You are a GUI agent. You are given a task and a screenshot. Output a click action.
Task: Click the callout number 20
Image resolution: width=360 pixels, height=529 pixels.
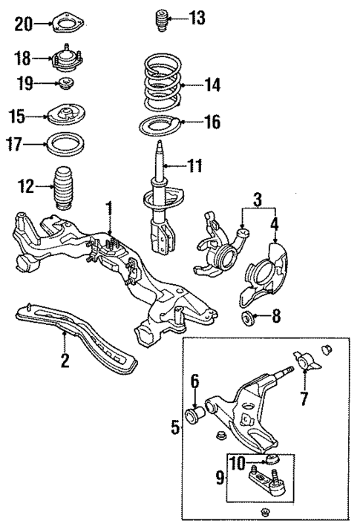pyautogui.click(x=24, y=25)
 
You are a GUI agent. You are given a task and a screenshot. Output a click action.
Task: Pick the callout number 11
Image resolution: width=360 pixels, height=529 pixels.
pyautogui.click(x=194, y=165)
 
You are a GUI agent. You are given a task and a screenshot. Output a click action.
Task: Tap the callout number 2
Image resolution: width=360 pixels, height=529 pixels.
pyautogui.click(x=65, y=361)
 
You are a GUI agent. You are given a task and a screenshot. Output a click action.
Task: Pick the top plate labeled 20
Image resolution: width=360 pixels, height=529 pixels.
pyautogui.click(x=68, y=27)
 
